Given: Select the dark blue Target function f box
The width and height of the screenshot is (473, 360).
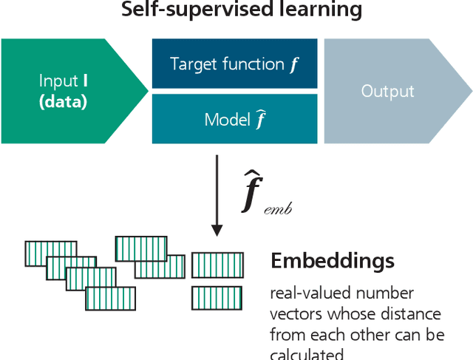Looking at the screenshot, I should tap(234, 64).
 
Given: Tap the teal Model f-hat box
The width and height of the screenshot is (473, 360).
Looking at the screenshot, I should tap(234, 118).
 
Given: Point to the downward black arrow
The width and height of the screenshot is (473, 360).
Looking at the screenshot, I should tap(217, 195).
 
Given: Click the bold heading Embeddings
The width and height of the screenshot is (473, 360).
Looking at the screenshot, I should tap(332, 261).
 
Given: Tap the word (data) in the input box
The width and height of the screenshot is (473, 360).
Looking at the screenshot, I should tap(63, 102).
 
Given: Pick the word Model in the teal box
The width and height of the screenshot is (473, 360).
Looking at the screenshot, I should tap(227, 119).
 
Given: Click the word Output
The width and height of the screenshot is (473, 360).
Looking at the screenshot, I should tap(387, 91).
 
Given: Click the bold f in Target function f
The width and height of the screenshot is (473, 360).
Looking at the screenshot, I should tap(293, 64).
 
